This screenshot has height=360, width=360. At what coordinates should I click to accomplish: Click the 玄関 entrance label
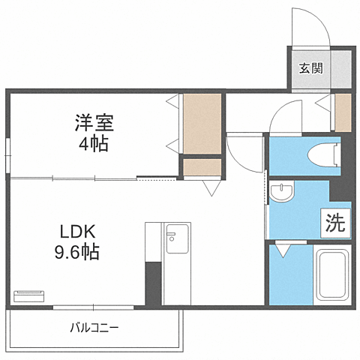[310, 69]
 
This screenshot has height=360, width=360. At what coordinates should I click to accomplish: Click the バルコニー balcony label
[94, 327]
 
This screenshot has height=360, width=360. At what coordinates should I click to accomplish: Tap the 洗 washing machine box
[335, 222]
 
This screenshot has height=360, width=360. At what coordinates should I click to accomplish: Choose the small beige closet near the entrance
[343, 112]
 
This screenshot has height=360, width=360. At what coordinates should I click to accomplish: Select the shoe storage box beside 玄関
[341, 68]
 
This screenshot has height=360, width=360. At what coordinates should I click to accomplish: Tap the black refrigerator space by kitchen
[152, 283]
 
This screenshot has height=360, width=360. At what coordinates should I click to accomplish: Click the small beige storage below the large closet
[202, 166]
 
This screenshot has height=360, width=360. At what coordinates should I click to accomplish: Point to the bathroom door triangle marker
[283, 250]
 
